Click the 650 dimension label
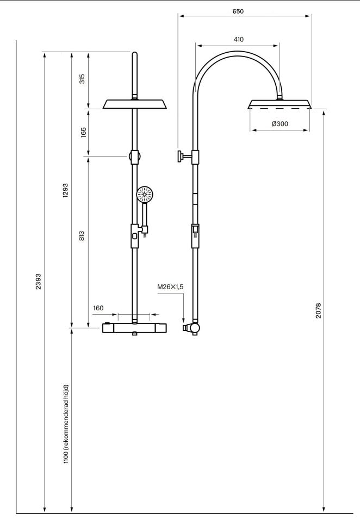tap(238, 11)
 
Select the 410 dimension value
tap(238, 40)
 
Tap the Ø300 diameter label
tap(280, 124)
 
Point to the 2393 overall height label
tap(38, 282)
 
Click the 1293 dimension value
tap(65, 190)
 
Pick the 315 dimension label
tap(82, 78)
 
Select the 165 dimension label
tap(84, 132)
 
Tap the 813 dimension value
tap(82, 235)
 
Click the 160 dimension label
tap(98, 308)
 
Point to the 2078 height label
tap(318, 310)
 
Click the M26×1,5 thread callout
tap(170, 286)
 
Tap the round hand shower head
tap(145, 194)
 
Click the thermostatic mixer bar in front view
tap(135, 328)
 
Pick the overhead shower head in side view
tap(280, 104)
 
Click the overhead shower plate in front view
tap(135, 104)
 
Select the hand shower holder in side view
tap(195, 236)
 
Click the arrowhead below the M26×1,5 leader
tap(183, 320)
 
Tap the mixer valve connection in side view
tap(191, 328)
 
